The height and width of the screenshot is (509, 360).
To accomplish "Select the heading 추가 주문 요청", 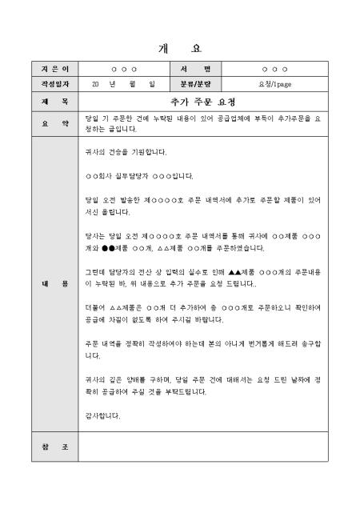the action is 202,102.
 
